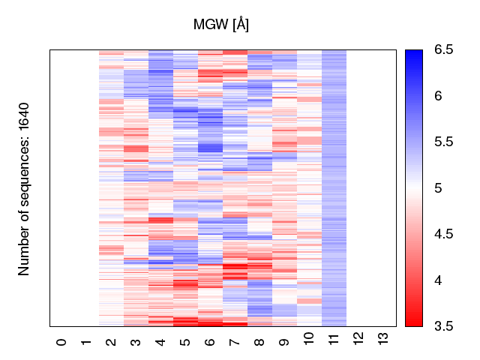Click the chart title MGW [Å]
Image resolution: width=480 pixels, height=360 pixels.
point(221,25)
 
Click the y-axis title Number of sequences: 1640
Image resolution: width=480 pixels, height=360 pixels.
point(24,188)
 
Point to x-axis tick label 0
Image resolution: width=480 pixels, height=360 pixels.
point(62,342)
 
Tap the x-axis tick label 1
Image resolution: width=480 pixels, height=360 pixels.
point(87,342)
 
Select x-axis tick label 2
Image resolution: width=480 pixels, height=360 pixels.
point(112,342)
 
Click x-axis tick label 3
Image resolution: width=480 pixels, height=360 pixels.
point(136,342)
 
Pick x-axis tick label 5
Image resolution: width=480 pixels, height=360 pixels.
point(186,342)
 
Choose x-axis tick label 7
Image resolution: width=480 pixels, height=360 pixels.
point(235,342)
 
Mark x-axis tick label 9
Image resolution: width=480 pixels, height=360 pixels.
point(285,342)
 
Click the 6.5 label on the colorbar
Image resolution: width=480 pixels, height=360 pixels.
point(444,50)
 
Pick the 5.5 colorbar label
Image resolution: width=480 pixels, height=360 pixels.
point(444,142)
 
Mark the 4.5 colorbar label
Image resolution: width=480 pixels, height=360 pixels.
point(444,234)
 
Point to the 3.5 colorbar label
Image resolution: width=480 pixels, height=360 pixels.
point(444,326)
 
